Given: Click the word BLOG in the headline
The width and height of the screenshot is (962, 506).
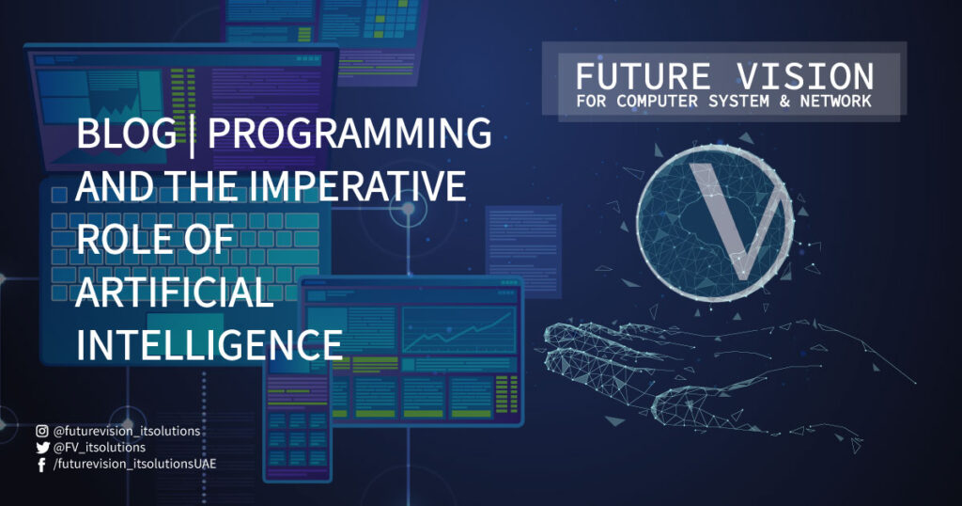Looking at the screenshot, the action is (x=127, y=133).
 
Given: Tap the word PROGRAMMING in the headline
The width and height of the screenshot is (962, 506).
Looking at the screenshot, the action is (x=349, y=133).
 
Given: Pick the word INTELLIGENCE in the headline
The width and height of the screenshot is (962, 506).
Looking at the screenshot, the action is (x=209, y=344).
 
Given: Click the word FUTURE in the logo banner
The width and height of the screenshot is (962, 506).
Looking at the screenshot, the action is (x=643, y=77).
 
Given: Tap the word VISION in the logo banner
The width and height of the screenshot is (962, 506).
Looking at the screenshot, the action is (x=805, y=77).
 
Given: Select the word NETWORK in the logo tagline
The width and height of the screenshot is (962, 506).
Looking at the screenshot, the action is (x=835, y=102).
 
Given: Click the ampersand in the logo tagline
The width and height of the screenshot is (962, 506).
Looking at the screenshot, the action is (x=784, y=102).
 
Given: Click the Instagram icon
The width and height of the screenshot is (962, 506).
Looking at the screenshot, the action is (x=41, y=431).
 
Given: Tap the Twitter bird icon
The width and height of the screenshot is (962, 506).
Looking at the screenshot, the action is (x=42, y=448).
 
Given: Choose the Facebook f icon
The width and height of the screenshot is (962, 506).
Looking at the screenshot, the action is (x=41, y=465).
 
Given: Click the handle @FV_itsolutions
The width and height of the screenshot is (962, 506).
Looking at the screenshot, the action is (x=100, y=448).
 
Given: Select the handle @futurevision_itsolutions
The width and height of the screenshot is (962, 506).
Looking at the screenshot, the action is (x=127, y=431).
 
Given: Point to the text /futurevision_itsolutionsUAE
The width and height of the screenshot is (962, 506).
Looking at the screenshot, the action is (x=135, y=465).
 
